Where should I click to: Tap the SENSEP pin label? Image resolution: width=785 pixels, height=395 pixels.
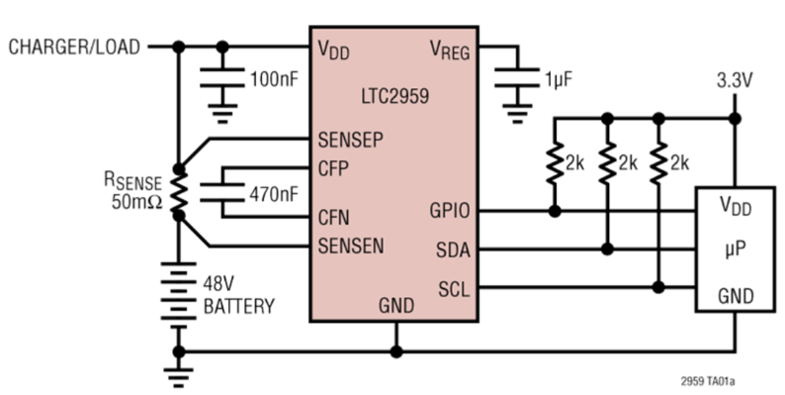(x=350, y=139)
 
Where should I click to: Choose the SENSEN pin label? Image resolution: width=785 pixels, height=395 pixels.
(x=350, y=245)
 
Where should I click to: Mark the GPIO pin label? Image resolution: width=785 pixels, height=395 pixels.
(x=450, y=211)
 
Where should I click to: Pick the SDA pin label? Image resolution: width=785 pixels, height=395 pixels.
(x=453, y=249)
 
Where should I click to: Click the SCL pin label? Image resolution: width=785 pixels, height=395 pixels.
(x=454, y=288)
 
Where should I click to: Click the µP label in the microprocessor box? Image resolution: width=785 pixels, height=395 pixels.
(x=733, y=250)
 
